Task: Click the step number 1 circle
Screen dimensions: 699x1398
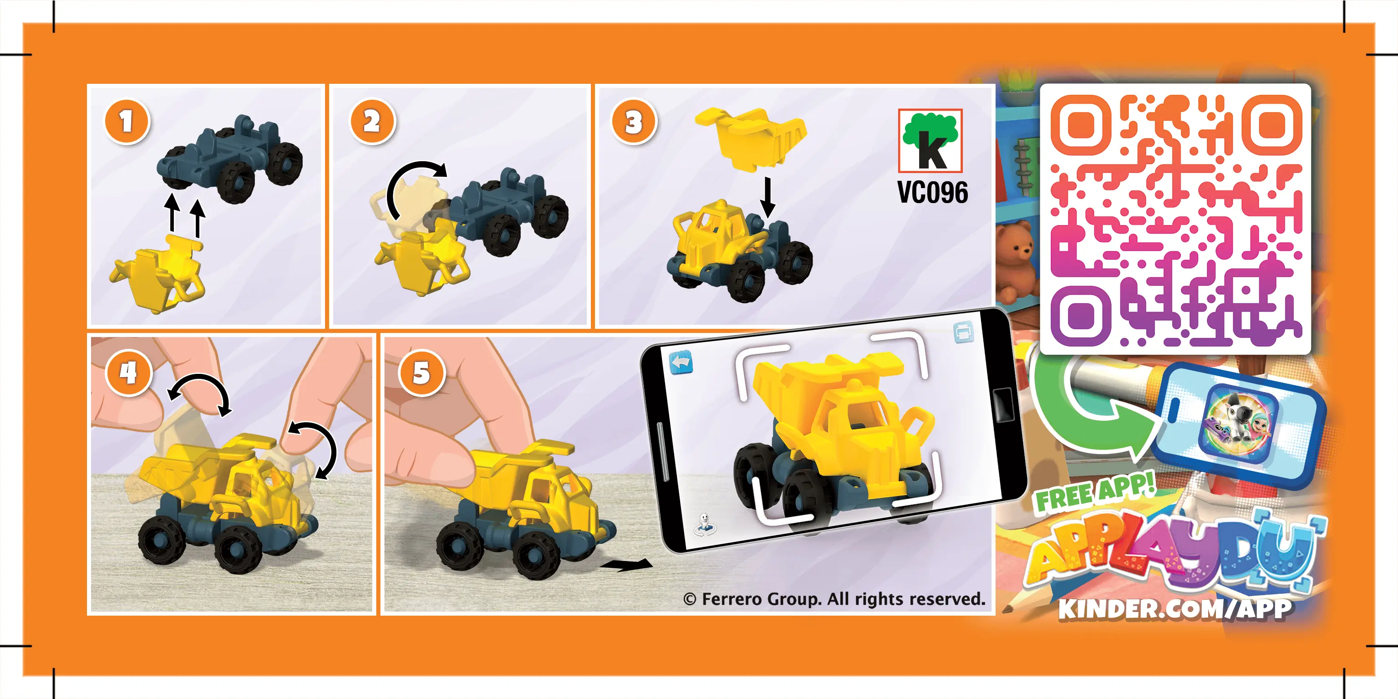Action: point(127,122)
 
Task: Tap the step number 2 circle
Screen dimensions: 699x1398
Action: point(372,122)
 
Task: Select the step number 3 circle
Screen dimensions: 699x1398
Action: point(633,122)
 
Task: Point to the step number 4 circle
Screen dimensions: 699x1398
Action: point(129,373)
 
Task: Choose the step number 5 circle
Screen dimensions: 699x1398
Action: point(422,373)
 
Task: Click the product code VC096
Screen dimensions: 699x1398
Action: point(932,192)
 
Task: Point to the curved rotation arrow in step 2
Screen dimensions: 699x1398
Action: point(412,184)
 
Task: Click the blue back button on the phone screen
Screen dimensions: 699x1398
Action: point(681,362)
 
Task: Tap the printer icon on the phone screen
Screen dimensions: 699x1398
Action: point(963,332)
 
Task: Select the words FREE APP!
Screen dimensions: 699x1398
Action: point(1095,493)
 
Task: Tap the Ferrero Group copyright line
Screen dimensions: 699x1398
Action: point(834,599)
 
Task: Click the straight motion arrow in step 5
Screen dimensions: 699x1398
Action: point(627,565)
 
